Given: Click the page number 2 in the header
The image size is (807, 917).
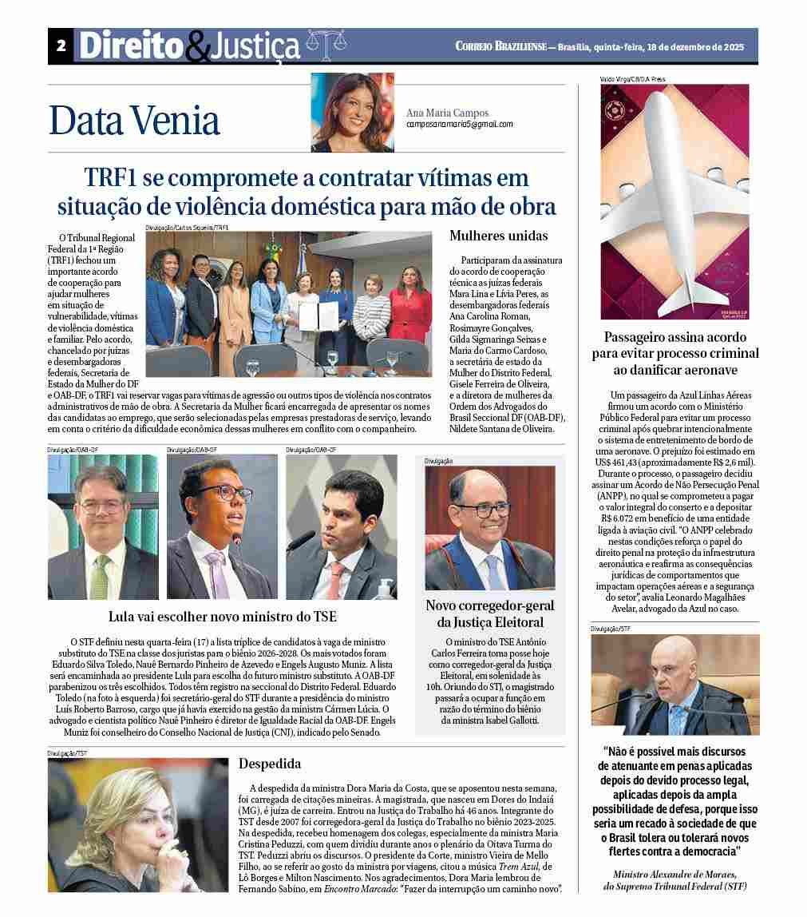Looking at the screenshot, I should tap(61, 46).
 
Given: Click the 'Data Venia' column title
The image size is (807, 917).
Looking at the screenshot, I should tap(134, 121).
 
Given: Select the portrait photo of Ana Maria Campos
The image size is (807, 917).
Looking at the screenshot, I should tap(352, 113).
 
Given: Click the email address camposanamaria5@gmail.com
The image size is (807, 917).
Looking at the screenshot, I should tap(459, 125).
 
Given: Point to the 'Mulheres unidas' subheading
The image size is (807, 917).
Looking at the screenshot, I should tap(498, 236).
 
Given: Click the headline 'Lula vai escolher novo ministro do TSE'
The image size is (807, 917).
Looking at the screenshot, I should tap(223, 617).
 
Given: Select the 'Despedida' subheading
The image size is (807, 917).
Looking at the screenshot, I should tap(270, 764).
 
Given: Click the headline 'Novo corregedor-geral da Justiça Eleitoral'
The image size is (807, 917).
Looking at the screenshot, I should tap(489, 613).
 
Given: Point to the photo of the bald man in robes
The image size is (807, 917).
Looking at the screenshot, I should tap(674, 685).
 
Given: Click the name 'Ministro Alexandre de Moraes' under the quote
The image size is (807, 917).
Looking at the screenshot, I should tap(674, 874).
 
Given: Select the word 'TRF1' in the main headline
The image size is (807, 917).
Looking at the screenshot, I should tap(114, 177).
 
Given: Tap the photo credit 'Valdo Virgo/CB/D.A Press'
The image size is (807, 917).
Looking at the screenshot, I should tap(633, 80).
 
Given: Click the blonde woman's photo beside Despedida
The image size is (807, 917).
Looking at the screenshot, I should tap(138, 824).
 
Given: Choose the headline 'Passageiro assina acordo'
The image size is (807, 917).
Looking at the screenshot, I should tap(674, 337).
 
